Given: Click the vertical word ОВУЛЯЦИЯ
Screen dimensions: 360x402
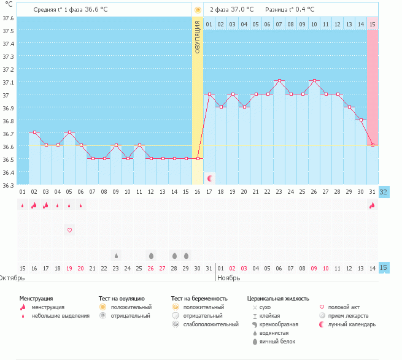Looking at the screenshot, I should click(x=198, y=37).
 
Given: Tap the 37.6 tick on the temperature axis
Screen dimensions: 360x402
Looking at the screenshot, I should click(x=8, y=17).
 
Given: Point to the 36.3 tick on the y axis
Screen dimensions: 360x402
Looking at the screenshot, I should click(x=8, y=185).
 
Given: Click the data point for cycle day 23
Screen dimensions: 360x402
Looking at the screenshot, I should click(x=279, y=81).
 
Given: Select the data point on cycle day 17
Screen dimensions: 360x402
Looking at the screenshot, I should click(x=209, y=94).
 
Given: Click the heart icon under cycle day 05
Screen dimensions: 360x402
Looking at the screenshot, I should click(x=69, y=230).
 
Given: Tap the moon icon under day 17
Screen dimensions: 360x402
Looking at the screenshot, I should click(x=210, y=178).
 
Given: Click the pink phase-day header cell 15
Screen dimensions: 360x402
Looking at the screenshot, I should click(x=373, y=24).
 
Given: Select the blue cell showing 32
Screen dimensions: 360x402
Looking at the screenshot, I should click(x=384, y=192).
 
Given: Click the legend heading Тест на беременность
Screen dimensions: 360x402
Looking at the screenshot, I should click(x=199, y=298).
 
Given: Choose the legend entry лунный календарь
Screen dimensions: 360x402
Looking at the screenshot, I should click(x=352, y=324).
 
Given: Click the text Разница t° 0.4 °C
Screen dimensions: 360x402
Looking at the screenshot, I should click(x=290, y=10).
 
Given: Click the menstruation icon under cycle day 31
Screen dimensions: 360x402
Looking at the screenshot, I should click(x=373, y=205).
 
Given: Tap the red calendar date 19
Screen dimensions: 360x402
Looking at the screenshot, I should click(x=69, y=268).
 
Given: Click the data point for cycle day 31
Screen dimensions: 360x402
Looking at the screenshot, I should click(x=373, y=145).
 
